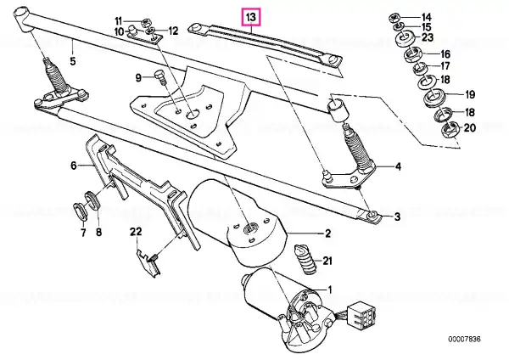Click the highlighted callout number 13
(252, 17)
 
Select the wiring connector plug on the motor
(361, 314)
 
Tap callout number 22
(136, 232)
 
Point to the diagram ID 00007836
(464, 340)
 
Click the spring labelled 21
(305, 260)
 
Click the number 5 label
(73, 61)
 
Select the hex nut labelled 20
(450, 129)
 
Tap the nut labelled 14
(395, 17)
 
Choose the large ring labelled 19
(435, 96)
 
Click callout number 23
(428, 37)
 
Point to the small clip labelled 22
(148, 262)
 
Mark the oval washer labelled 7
(80, 211)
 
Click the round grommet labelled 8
(92, 200)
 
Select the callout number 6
(74, 166)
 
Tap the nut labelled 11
(145, 23)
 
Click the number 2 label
(327, 233)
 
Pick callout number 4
(398, 166)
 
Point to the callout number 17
(445, 65)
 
